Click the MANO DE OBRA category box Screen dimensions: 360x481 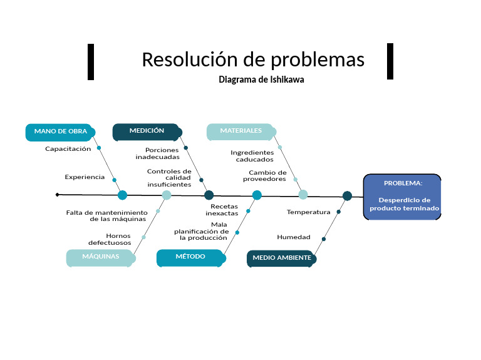tap(60, 131)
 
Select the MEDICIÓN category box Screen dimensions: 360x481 tap(147, 131)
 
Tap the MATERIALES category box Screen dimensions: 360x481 tap(241, 131)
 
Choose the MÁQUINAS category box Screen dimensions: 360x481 tap(100, 257)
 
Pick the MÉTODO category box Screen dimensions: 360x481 tap(190, 257)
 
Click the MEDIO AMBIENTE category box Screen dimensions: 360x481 tap(281, 257)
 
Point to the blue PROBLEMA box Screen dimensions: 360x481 tap(403, 196)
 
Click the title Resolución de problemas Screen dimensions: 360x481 tap(253, 59)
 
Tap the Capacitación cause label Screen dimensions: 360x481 tap(68, 149)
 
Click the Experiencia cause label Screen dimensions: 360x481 tap(85, 177)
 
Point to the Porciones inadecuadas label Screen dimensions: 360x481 tap(158, 153)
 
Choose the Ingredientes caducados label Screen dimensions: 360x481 tap(252, 155)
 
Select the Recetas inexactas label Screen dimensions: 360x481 tap(222, 209)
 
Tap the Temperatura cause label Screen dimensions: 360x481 tap(308, 212)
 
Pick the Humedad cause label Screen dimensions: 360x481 tap(294, 237)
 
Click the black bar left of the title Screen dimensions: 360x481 tap(91, 61)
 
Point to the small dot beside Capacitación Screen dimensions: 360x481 tap(99, 148)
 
